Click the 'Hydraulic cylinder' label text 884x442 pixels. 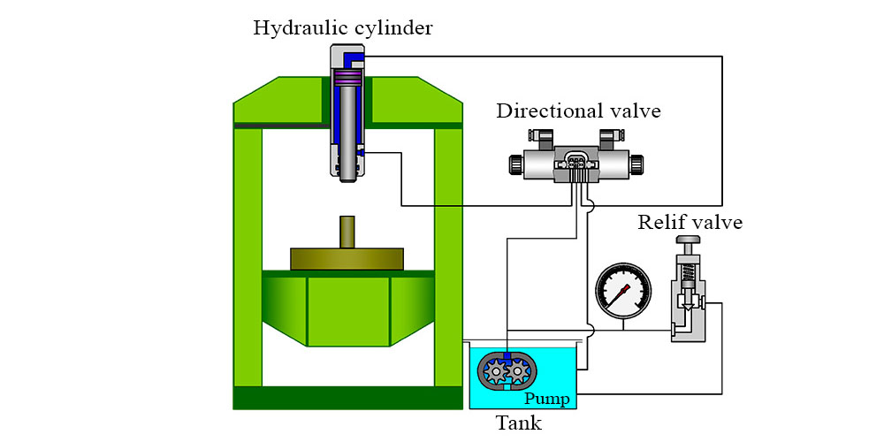(343, 27)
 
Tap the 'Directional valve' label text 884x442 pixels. (578, 111)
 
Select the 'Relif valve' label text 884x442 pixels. (690, 221)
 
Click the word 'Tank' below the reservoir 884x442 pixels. (518, 423)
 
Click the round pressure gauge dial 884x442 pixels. (623, 291)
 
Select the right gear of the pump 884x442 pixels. (519, 372)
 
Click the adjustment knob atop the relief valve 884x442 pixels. (686, 240)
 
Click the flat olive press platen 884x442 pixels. (347, 259)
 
